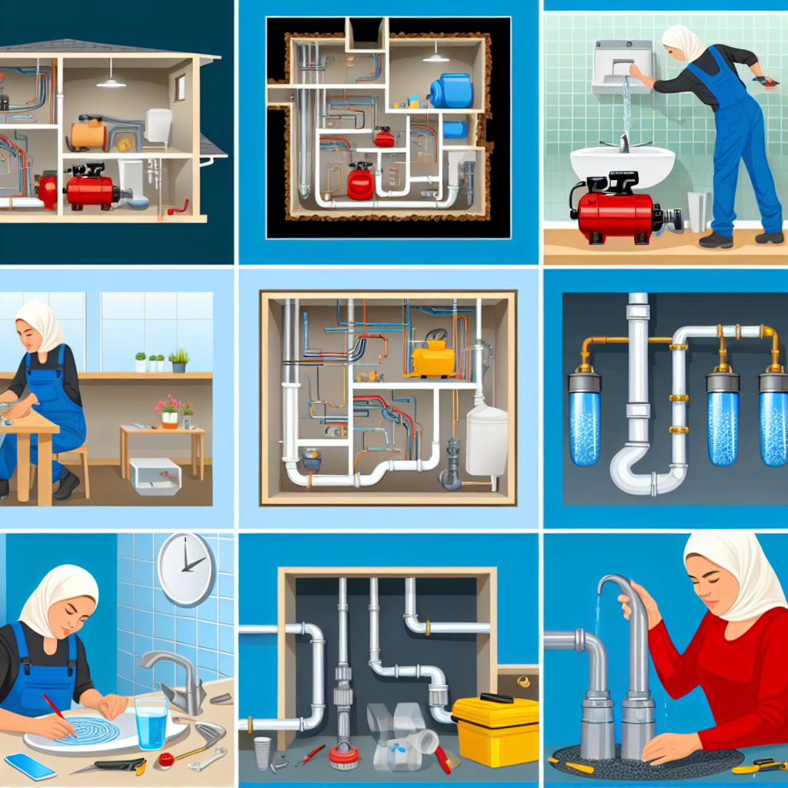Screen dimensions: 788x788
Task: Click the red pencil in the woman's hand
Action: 55,707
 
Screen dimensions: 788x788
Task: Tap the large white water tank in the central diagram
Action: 486,439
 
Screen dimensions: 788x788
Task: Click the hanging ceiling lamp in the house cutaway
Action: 111,80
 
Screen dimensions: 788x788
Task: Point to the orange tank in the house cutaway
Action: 88,135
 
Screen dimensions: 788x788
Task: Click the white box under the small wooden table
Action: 155,476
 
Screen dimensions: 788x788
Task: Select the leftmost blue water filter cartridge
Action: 585,419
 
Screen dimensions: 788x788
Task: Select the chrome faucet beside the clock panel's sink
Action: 174,677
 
